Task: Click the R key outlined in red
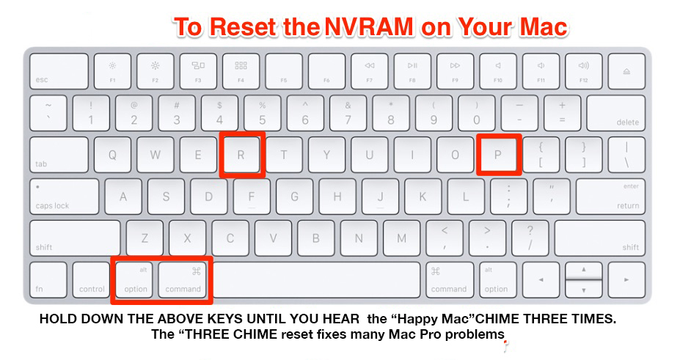click(x=241, y=155)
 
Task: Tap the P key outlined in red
click(x=498, y=155)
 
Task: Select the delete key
click(x=616, y=113)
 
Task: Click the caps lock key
click(x=64, y=196)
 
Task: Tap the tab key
click(x=59, y=155)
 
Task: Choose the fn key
click(x=48, y=280)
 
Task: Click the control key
click(x=91, y=280)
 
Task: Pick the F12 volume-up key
click(x=584, y=71)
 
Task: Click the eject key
click(x=626, y=71)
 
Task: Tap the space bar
click(x=317, y=280)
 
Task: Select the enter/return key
click(x=610, y=196)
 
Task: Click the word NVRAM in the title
click(x=369, y=27)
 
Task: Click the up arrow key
click(x=584, y=271)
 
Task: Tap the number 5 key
click(x=263, y=113)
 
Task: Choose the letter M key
click(x=402, y=238)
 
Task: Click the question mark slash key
click(x=530, y=238)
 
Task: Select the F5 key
click(x=284, y=71)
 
